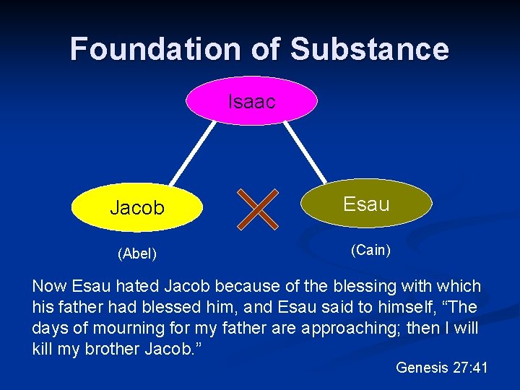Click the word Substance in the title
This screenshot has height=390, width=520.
tap(369, 49)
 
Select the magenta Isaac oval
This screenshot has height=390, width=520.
tap(251, 102)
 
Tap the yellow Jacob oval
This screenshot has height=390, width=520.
tap(137, 208)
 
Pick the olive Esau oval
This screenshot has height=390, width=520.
tap(366, 204)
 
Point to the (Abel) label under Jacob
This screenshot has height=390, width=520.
tap(137, 253)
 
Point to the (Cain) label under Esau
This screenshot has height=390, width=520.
tap(370, 251)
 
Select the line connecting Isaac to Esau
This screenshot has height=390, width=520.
tap(304, 152)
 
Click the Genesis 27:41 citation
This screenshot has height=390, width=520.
tap(442, 368)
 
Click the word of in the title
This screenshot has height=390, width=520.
tap(265, 49)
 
